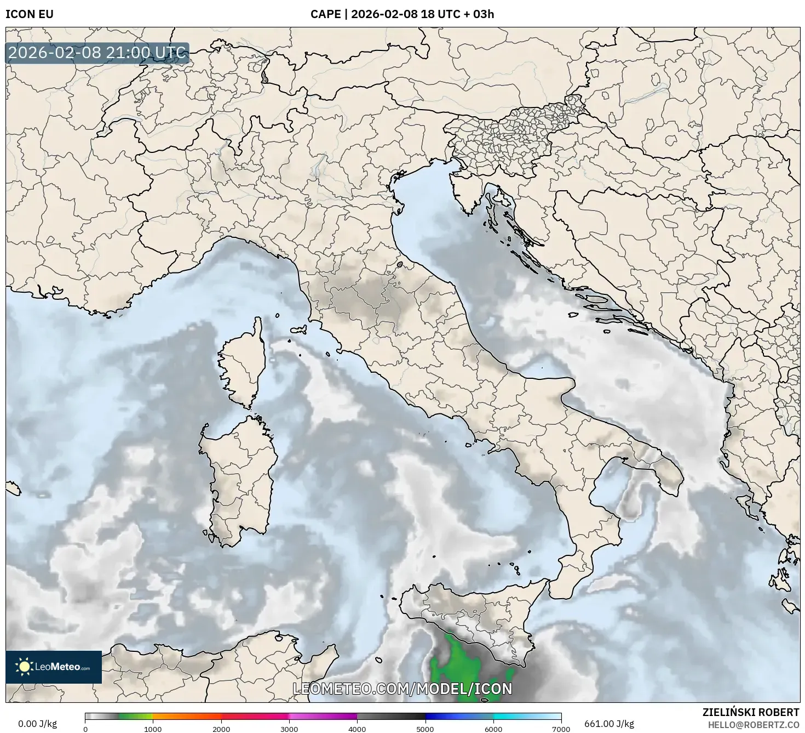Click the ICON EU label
pos(30,14)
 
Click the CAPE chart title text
pos(402,14)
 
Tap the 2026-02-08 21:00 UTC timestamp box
pos(97,53)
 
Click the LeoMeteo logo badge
pos(54,667)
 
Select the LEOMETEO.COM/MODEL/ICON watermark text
pos(403,689)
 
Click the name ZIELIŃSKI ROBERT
pos(750,712)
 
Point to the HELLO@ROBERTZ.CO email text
pos(754,724)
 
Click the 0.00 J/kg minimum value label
pos(37,724)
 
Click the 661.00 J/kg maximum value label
pos(609,724)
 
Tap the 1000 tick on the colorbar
pos(153,729)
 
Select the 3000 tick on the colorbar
pos(289,729)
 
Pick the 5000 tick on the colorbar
pos(426,729)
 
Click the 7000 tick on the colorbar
pos(561,729)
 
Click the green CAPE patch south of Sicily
pos(458,666)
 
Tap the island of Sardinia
pos(239,477)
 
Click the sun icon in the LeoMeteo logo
pos(24,667)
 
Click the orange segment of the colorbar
pos(186,717)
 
